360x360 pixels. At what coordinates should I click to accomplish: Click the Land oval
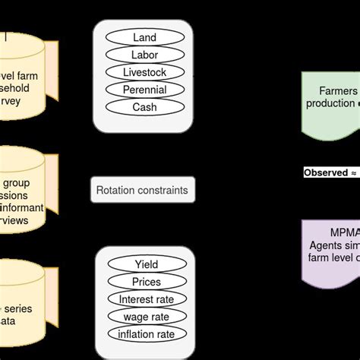click(x=144, y=37)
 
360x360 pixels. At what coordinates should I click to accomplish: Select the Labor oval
click(x=144, y=55)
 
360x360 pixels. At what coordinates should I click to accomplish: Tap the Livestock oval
click(x=144, y=72)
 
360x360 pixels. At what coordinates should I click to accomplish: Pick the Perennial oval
click(x=144, y=90)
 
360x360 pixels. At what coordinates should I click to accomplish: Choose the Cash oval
click(x=144, y=107)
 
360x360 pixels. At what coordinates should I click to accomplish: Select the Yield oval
click(x=146, y=264)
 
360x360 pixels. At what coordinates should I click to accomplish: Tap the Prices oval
click(x=146, y=282)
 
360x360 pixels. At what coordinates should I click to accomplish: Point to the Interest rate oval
click(x=146, y=299)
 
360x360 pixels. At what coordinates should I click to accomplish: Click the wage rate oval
click(x=146, y=317)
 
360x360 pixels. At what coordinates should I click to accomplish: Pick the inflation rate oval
click(x=146, y=334)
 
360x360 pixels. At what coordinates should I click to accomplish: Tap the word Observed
click(x=325, y=172)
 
